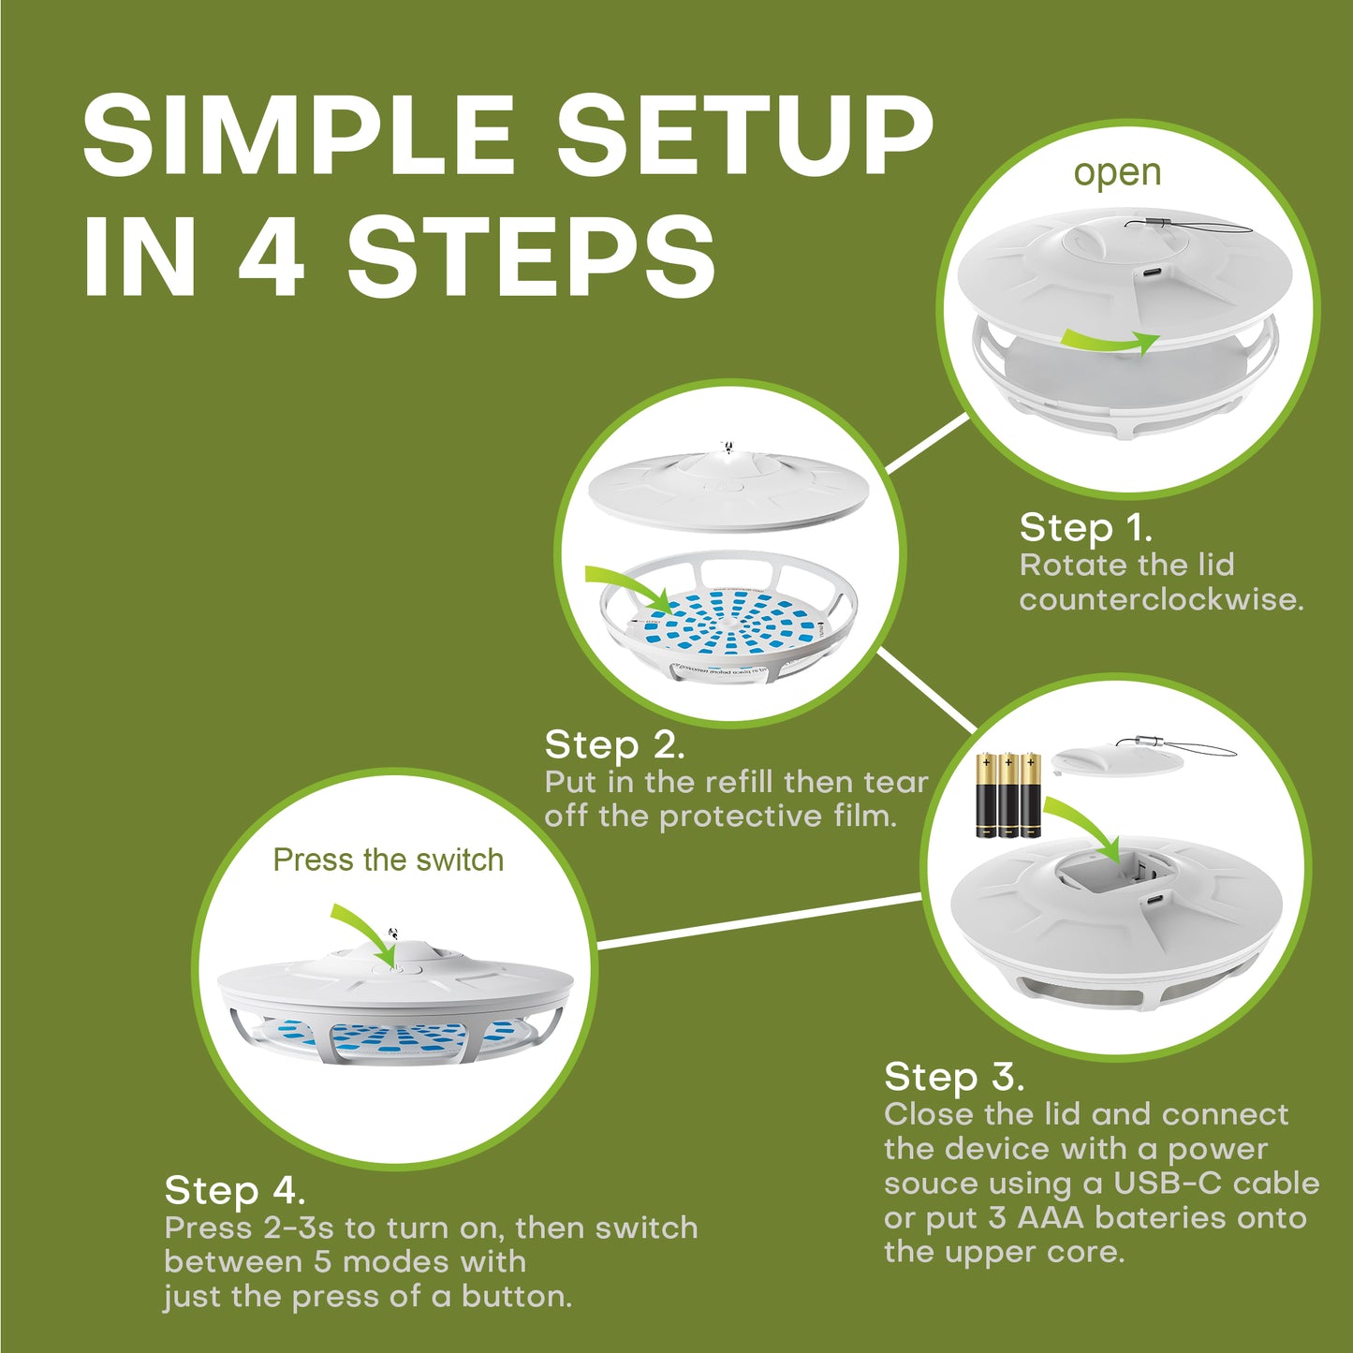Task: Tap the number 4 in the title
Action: pyautogui.click(x=271, y=255)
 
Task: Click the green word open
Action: pyautogui.click(x=1116, y=173)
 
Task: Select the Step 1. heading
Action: pyautogui.click(x=1085, y=528)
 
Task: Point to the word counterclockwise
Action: pyautogui.click(x=1160, y=599)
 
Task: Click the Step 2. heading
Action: pyautogui.click(x=614, y=745)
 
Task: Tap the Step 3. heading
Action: pyautogui.click(x=953, y=1077)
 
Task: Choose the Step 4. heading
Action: pyautogui.click(x=234, y=1190)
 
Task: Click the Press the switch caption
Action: pyautogui.click(x=388, y=860)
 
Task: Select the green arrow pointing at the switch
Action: pyautogui.click(x=366, y=931)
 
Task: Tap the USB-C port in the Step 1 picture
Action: pyautogui.click(x=1150, y=274)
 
